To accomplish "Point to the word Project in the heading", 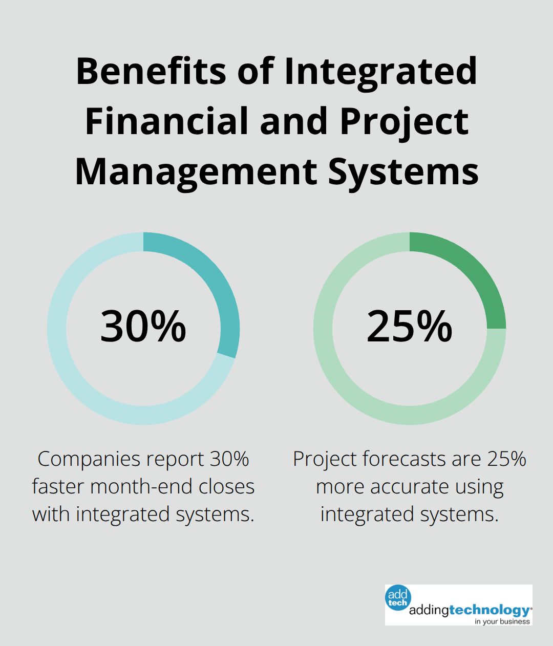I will pos(404,122).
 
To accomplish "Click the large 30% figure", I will pos(143,326).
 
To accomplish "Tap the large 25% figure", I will pos(410,326).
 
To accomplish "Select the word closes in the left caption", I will pos(226,486).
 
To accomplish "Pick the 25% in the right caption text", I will pos(506,459).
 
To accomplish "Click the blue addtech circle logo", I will pos(398,598).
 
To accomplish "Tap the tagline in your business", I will pos(502,621).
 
